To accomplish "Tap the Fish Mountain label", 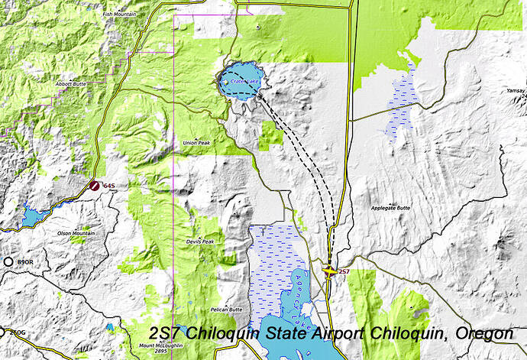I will [x=120, y=14].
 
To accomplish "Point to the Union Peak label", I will [x=196, y=143].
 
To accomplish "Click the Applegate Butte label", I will [x=390, y=208].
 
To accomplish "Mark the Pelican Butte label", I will [x=225, y=310].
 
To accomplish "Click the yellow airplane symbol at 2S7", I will [x=329, y=270].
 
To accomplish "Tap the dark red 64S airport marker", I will [x=92, y=185].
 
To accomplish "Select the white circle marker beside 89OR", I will [x=8, y=262].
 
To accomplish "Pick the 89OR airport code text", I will [x=25, y=262].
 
